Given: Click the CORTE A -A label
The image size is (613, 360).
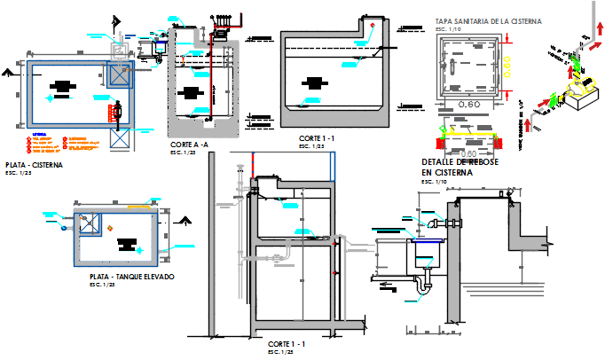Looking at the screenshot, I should tap(189, 145).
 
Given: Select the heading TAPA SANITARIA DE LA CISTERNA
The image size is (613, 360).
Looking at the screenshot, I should tap(488, 20).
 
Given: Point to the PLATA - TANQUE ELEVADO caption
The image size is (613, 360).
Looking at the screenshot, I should tap(125, 278).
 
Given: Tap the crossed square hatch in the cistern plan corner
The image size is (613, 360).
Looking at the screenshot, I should tap(117, 74).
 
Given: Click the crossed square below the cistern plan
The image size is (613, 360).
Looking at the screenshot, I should tap(118, 141).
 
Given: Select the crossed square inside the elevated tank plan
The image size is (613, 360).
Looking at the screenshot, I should tap(89, 224).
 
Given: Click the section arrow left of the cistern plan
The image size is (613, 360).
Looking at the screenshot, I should tap(9, 67).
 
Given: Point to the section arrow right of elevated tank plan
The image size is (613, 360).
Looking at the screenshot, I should tap(184, 220).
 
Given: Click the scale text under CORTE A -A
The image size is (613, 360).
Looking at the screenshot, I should tap(182, 153).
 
